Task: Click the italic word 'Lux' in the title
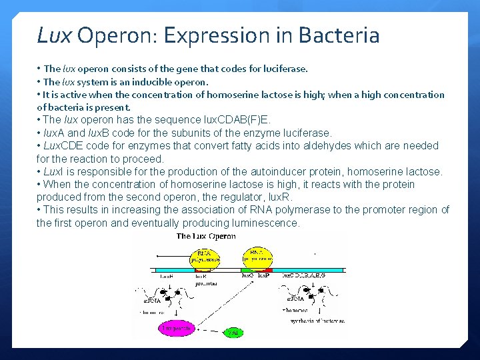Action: [x=53, y=35]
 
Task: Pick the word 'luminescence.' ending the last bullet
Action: [x=267, y=223]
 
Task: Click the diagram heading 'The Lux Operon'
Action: [x=206, y=236]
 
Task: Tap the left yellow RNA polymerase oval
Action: [x=205, y=257]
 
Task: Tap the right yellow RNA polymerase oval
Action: [x=257, y=257]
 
